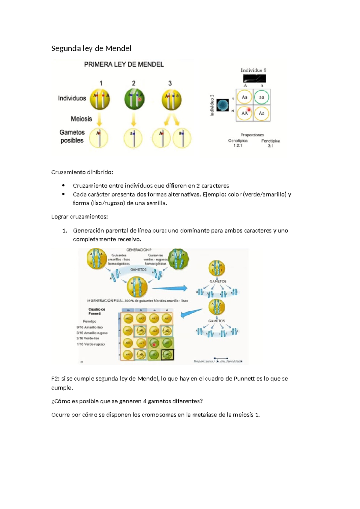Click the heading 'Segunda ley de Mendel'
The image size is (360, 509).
tap(91, 49)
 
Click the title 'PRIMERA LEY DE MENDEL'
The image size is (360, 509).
tap(124, 65)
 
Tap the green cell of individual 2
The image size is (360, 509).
tap(134, 99)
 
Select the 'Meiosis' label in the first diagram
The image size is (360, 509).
tap(81, 119)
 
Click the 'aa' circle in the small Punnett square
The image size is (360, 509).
tap(262, 97)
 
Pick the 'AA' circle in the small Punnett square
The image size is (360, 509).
tap(244, 113)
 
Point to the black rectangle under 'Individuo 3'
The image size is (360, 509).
tap(254, 79)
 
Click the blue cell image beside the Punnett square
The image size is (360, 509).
tap(222, 105)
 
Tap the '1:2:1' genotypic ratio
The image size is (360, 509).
tap(238, 146)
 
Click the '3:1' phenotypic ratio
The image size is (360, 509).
tap(270, 146)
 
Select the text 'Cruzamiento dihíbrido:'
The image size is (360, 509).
tap(82, 172)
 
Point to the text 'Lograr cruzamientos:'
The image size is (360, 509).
tap(79, 217)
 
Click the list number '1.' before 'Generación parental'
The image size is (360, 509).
tap(64, 231)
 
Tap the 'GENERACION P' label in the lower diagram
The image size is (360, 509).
tap(139, 250)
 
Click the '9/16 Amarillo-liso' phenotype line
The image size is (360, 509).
tap(90, 327)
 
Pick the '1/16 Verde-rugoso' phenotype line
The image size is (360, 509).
tap(91, 344)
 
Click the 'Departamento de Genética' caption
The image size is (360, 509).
tap(218, 361)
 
